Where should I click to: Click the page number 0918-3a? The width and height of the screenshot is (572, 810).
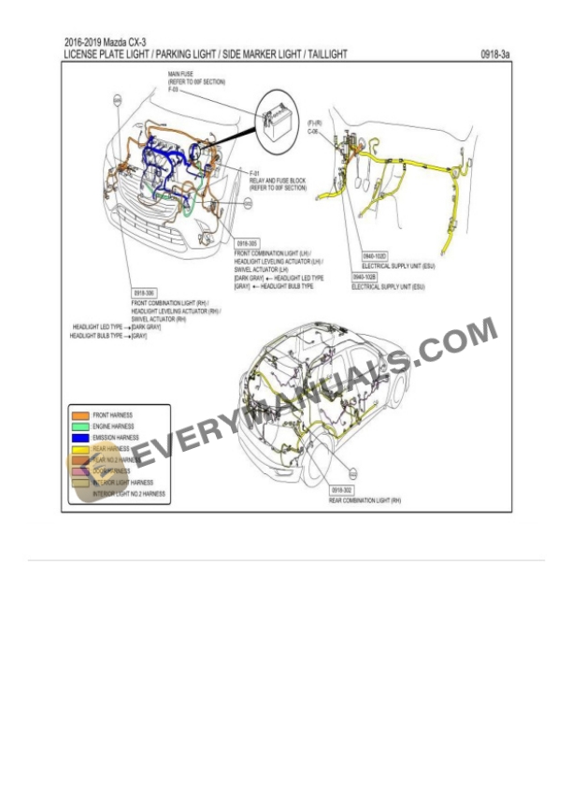[496, 55]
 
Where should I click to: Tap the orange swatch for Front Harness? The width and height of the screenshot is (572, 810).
[80, 414]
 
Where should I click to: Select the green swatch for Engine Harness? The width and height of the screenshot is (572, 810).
[80, 426]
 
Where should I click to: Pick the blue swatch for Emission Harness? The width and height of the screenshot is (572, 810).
[80, 437]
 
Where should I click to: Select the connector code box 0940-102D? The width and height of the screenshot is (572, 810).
[375, 255]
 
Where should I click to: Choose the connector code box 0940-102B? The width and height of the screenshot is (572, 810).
[365, 277]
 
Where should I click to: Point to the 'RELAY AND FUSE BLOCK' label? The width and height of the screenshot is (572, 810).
[278, 181]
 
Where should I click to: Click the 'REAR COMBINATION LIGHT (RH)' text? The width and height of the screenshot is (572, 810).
[365, 501]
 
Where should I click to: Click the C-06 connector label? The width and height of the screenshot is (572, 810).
[312, 132]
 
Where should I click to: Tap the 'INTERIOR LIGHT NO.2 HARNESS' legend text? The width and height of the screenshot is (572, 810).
[128, 493]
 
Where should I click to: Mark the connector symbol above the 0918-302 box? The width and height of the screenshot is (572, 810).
[353, 474]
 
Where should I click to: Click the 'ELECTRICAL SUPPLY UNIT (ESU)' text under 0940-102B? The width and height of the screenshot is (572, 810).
[388, 287]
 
